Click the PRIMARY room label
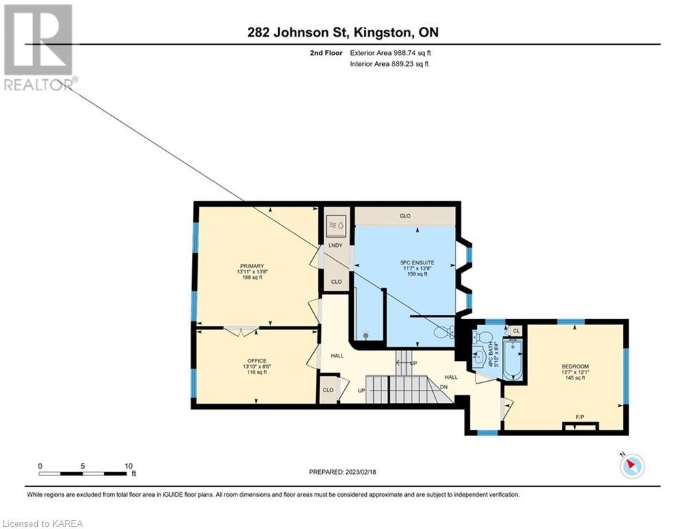[252, 267]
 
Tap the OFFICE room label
[256, 361]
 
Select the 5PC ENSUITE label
[417, 262]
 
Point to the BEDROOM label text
[575, 366]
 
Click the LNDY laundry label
[335, 245]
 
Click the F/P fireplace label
[580, 417]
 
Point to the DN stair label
[444, 387]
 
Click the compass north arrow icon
[632, 466]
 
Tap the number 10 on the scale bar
[129, 466]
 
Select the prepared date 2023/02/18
[361, 472]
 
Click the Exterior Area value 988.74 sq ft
[412, 53]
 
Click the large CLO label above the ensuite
[405, 216]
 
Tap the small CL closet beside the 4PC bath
[516, 331]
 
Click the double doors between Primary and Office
[241, 331]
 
